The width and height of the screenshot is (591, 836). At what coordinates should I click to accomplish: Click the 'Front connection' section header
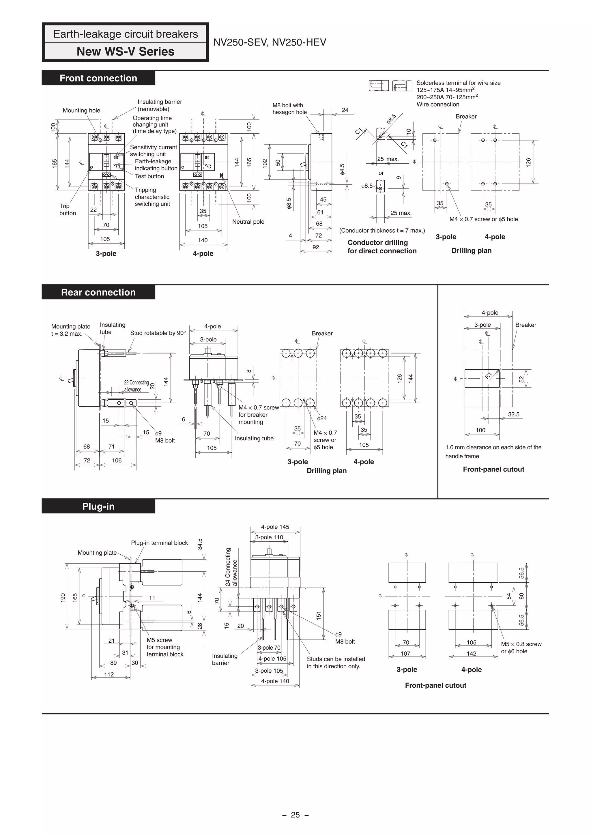98,78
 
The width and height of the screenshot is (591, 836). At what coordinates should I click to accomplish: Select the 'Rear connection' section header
98,292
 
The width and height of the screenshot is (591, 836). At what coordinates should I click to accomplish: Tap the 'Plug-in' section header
98,506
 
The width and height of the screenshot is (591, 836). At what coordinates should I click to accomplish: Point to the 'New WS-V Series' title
125,52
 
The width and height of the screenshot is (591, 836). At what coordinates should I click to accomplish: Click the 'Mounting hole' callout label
81,110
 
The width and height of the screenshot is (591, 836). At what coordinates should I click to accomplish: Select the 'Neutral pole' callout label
248,222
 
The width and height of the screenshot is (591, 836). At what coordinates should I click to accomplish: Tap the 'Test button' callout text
149,176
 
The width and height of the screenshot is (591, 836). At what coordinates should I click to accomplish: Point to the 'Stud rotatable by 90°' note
158,333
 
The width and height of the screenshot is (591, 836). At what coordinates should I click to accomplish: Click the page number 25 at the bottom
295,815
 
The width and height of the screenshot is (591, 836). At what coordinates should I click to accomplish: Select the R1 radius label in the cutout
488,375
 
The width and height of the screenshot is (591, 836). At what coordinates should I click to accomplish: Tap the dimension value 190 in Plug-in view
63,598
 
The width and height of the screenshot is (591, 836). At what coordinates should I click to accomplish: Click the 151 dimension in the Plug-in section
319,615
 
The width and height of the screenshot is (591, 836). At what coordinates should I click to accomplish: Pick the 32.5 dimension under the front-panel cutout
513,414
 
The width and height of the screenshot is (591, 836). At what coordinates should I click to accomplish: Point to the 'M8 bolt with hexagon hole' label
289,109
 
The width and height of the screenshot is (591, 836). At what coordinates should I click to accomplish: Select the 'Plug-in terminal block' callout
160,543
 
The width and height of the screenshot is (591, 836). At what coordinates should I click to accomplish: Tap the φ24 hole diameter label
322,418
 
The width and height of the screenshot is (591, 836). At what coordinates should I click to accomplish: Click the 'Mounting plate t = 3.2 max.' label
70,330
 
